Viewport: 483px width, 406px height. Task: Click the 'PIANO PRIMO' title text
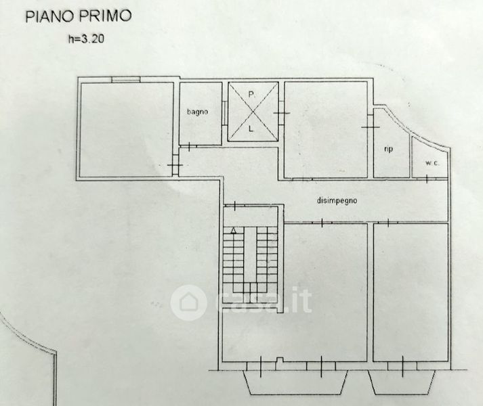79,16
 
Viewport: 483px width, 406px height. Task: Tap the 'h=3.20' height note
86,39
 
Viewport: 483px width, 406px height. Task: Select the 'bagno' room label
197,112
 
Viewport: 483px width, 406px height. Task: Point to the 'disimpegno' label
337,201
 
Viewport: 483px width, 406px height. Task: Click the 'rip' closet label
389,150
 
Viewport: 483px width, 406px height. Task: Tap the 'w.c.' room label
432,163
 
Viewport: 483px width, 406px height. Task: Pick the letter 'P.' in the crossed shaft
252,95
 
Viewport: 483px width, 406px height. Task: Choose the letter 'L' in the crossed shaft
251,129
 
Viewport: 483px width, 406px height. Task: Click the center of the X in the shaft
253,112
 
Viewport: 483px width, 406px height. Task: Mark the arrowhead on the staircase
234,230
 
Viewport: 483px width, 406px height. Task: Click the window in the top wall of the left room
126,79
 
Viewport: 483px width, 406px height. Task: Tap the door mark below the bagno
188,147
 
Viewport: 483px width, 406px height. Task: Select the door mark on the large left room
175,165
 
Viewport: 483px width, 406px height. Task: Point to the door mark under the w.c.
427,179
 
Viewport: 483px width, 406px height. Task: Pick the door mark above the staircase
234,205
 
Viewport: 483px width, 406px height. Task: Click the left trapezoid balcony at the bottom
296,382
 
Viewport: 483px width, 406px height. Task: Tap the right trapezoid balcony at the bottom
402,382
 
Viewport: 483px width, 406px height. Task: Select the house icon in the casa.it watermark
188,302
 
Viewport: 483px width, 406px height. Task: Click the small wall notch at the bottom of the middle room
279,360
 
